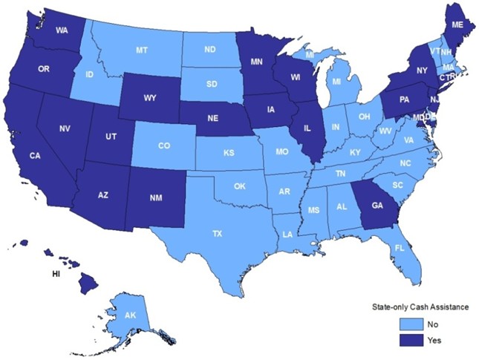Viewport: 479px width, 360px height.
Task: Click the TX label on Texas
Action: point(217,233)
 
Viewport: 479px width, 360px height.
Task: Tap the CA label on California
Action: point(35,156)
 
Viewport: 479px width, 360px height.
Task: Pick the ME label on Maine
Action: point(458,24)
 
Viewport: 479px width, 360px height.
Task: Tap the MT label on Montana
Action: point(141,50)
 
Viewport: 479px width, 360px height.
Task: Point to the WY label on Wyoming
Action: point(151,97)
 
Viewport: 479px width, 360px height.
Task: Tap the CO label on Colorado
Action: point(164,146)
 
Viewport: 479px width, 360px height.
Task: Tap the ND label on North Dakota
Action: point(209,50)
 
